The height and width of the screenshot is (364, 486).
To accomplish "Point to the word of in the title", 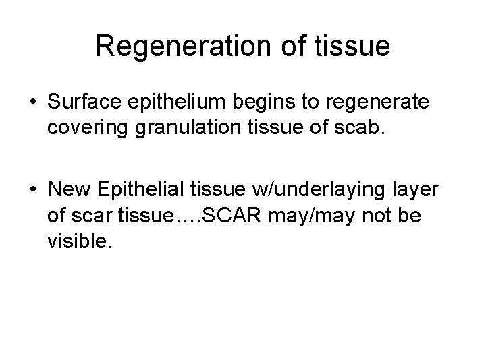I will point(280,47).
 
